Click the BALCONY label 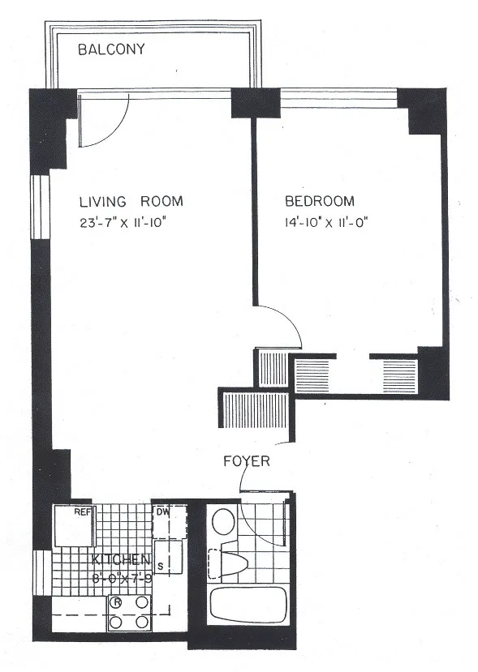[111, 49]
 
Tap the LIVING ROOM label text [131, 202]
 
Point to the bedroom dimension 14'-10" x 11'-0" [321, 221]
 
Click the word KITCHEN [120, 560]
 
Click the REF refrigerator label [82, 512]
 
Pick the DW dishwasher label [161, 512]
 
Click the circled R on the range [117, 602]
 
